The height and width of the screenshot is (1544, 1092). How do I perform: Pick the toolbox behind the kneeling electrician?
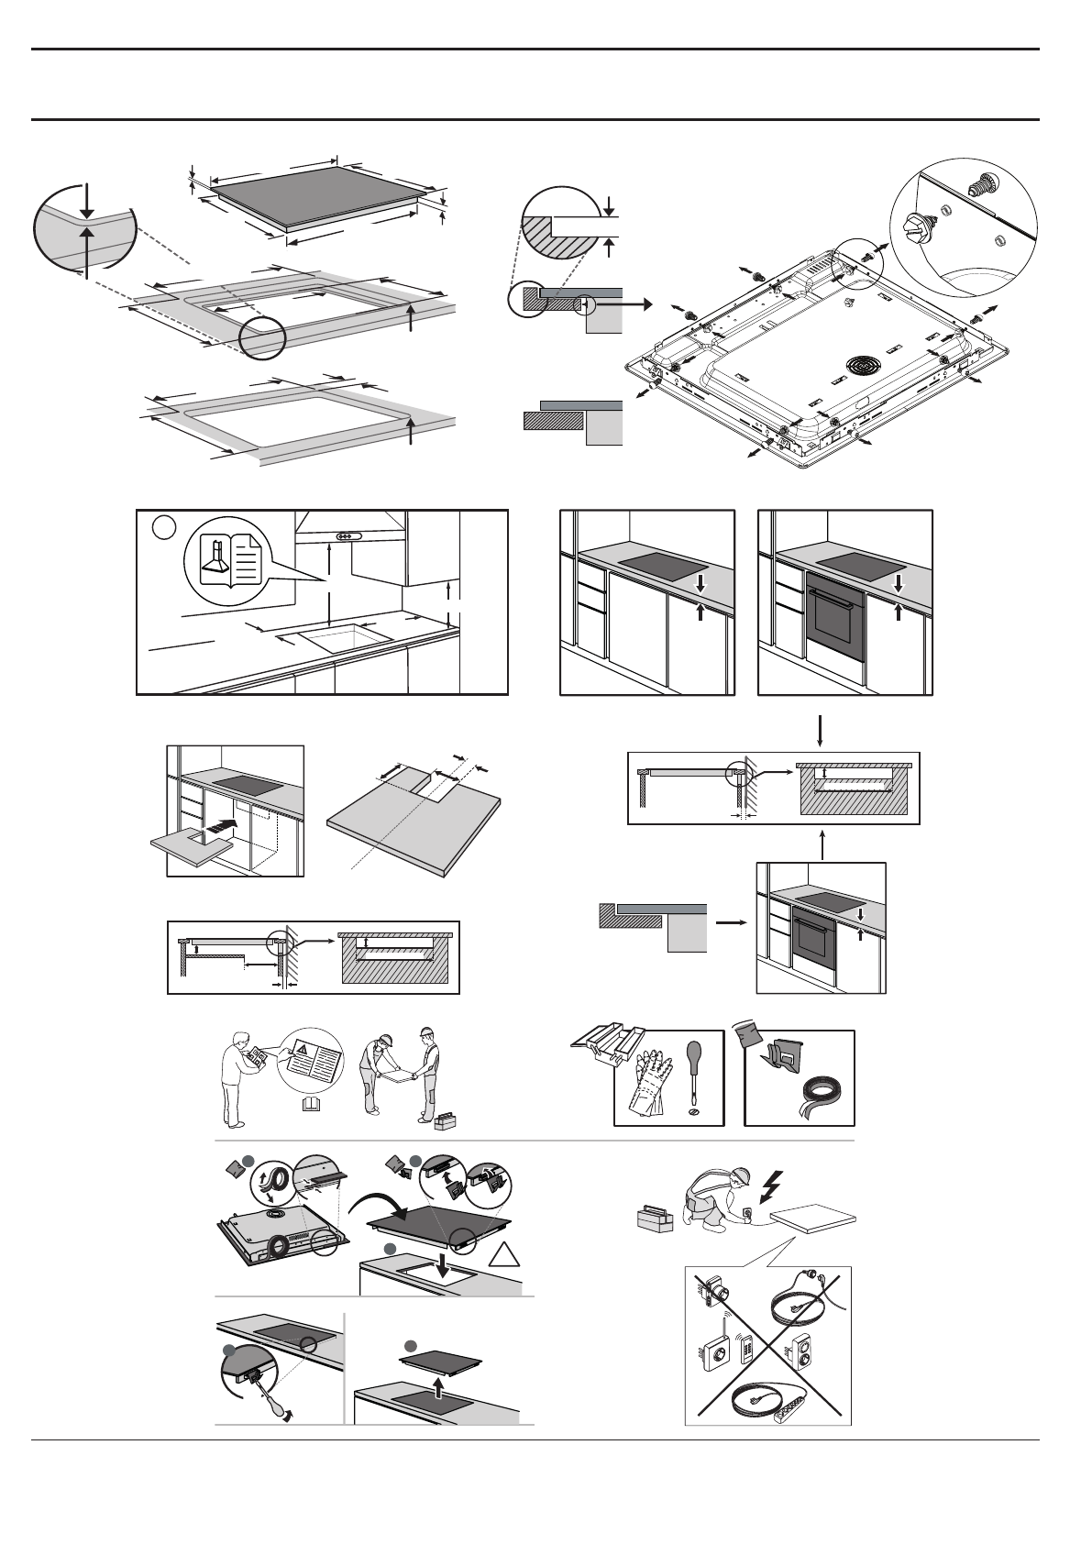655,1218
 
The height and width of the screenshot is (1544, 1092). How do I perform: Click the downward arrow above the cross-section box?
822,731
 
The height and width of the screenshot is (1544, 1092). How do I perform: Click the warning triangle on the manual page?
302,1048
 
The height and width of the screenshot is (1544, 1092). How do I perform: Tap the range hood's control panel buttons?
348,537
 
